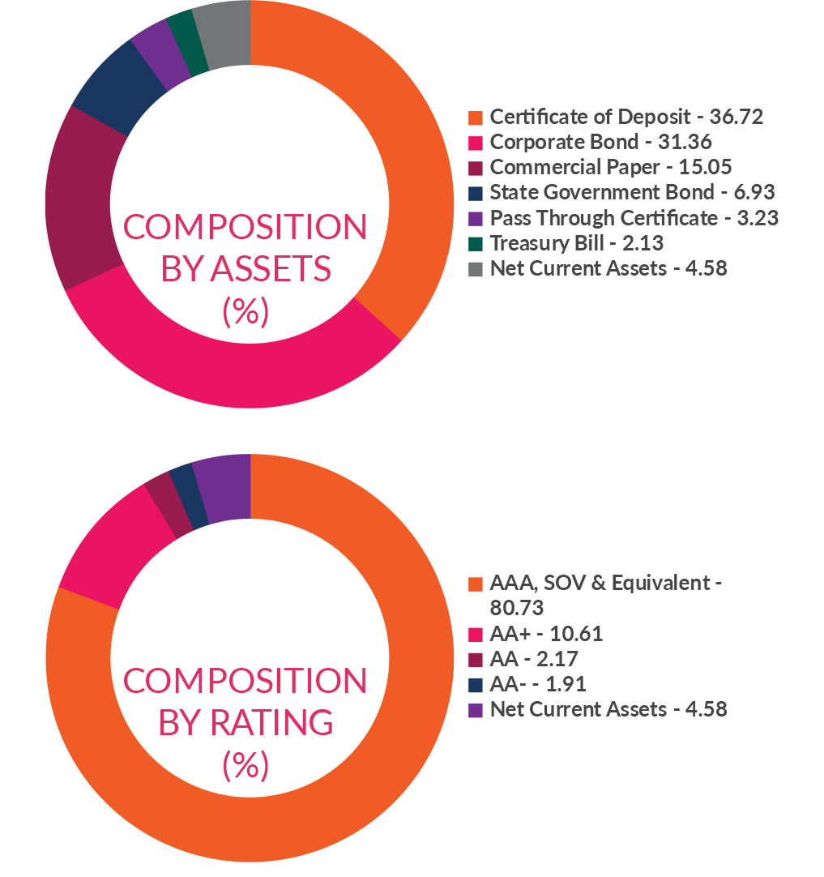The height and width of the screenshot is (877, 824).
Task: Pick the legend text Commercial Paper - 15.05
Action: point(611,167)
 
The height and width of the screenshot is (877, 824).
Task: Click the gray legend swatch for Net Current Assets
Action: point(476,268)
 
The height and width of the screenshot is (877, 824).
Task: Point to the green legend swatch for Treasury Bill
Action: point(476,243)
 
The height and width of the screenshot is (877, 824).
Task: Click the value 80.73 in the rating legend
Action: point(516,607)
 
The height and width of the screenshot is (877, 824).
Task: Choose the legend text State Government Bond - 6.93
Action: point(632,192)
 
